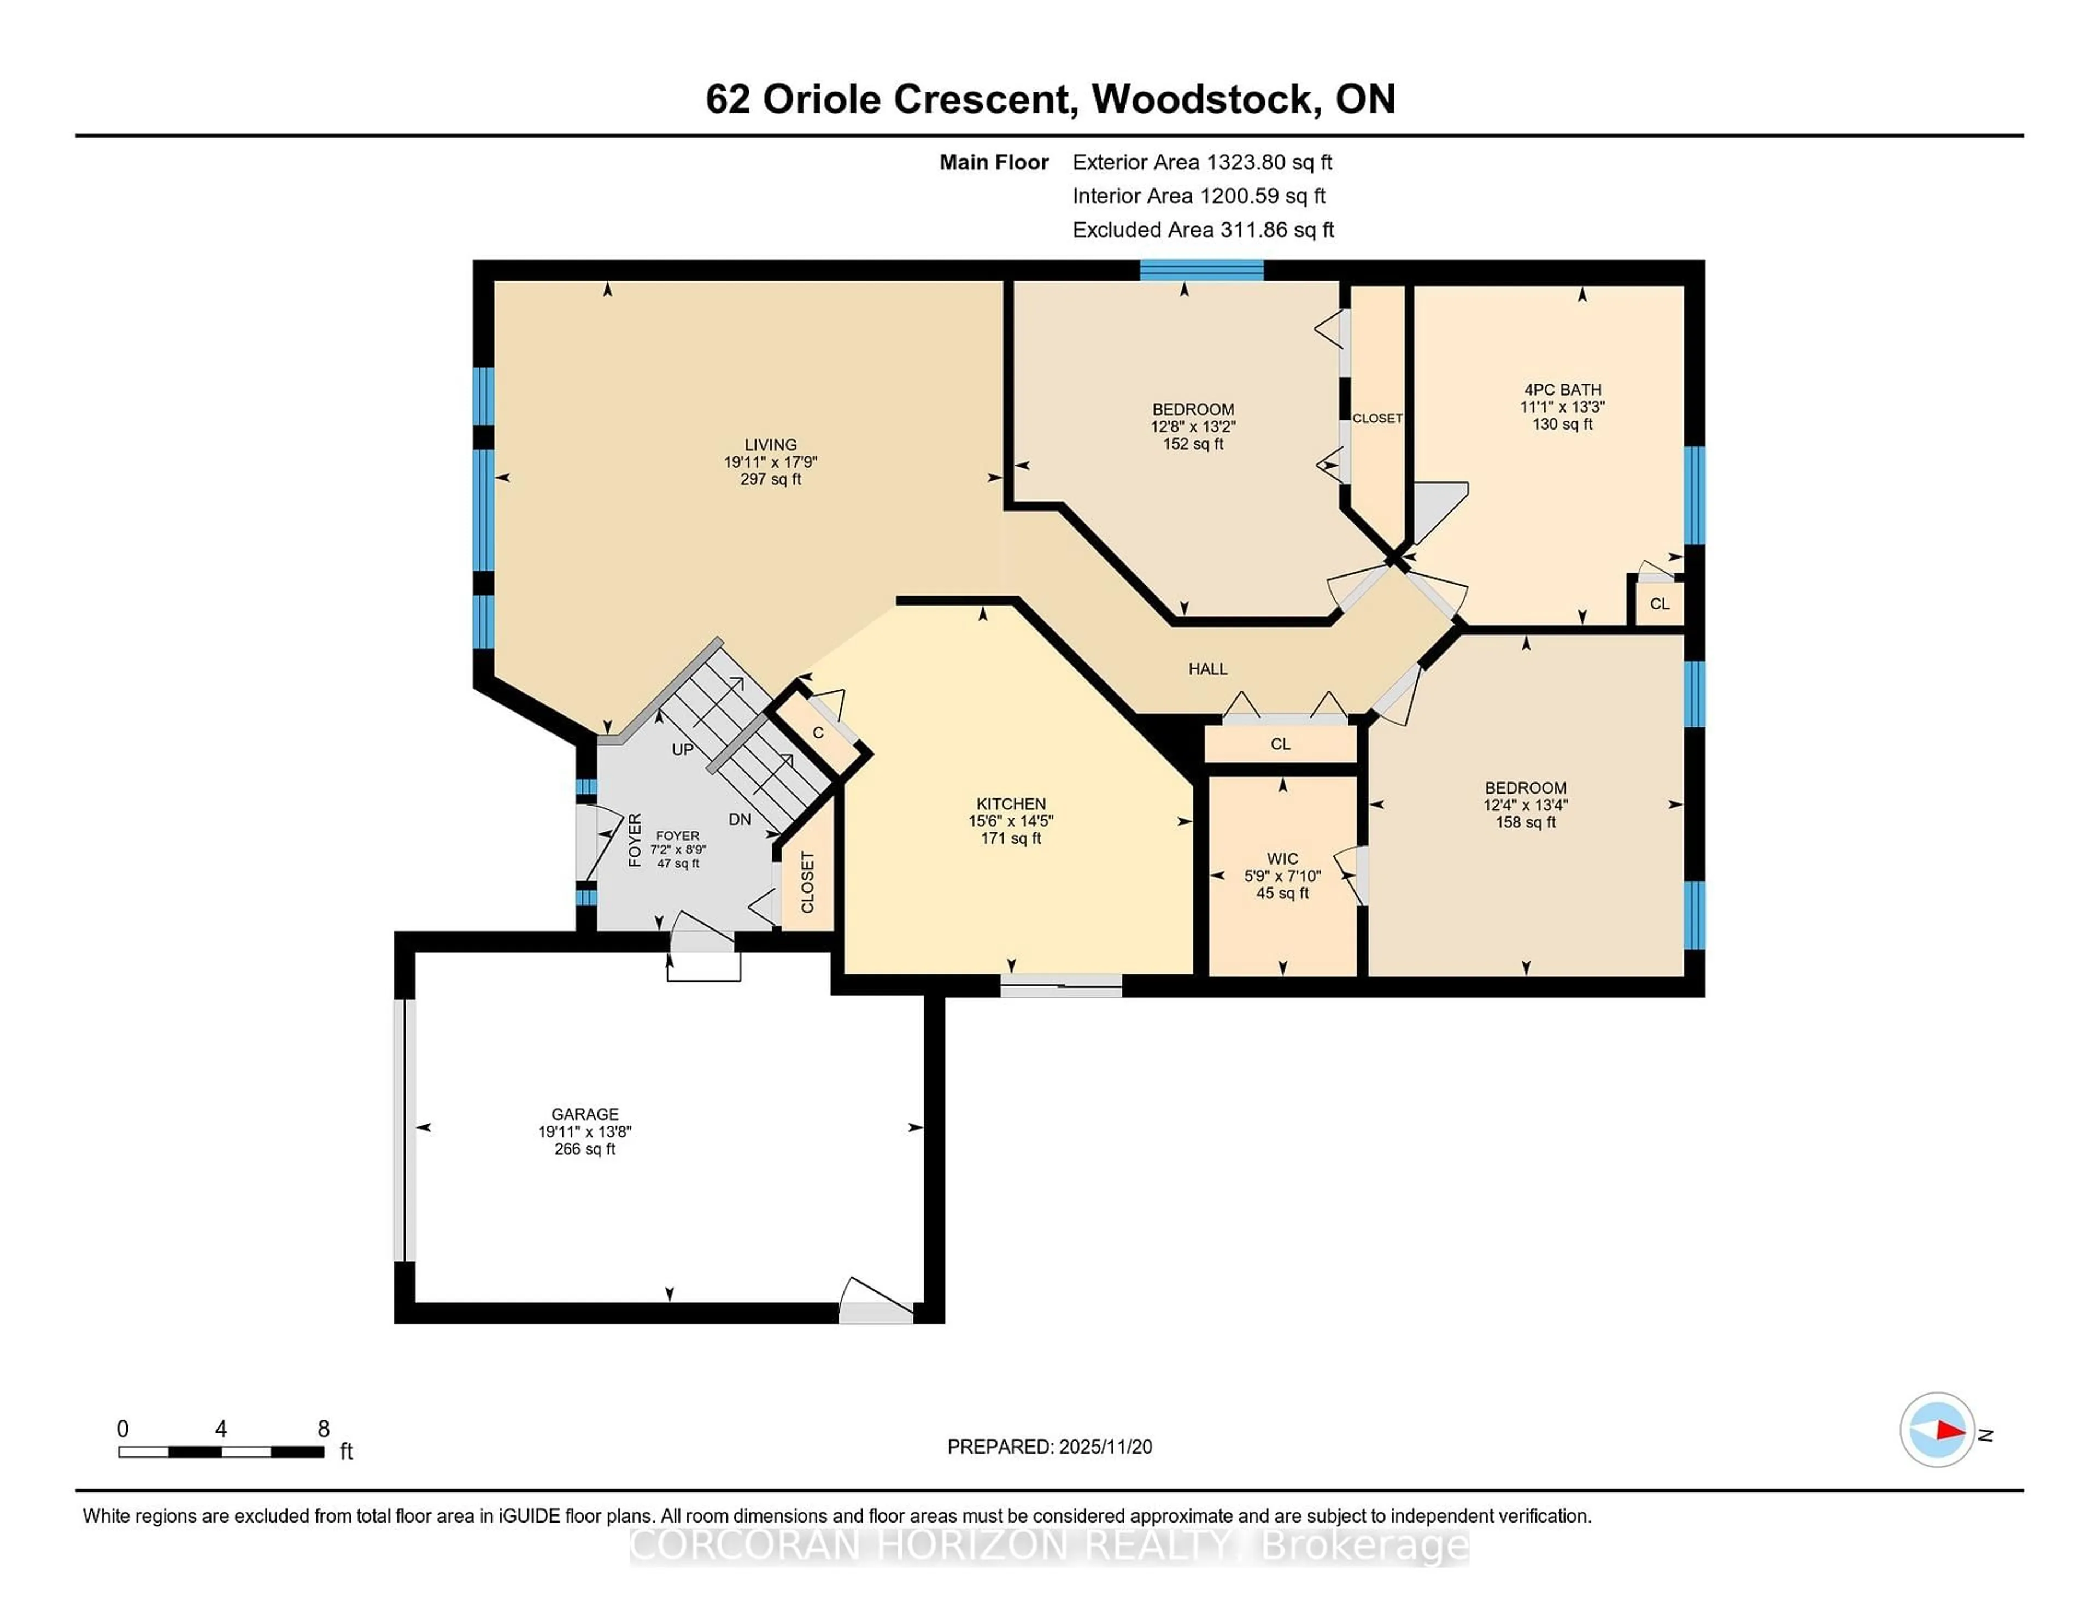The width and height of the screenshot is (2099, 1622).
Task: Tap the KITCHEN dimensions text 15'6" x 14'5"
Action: pyautogui.click(x=1010, y=821)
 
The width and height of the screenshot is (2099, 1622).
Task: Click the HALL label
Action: pyautogui.click(x=1207, y=669)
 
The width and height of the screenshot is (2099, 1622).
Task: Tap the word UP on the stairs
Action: pyautogui.click(x=682, y=749)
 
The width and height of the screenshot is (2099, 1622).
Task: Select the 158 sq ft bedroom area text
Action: pyautogui.click(x=1525, y=822)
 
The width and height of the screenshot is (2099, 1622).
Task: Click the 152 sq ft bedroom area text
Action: pyautogui.click(x=1193, y=444)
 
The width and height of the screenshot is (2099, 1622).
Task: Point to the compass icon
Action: pyautogui.click(x=1937, y=1430)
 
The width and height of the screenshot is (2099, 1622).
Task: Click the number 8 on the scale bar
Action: pyautogui.click(x=324, y=1429)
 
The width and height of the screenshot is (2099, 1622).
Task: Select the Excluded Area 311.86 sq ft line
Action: pyautogui.click(x=1203, y=230)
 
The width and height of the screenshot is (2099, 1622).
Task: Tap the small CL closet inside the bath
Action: pyautogui.click(x=1660, y=603)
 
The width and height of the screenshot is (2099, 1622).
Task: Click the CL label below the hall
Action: pyautogui.click(x=1280, y=744)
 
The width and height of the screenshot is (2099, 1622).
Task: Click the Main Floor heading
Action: pyautogui.click(x=994, y=162)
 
